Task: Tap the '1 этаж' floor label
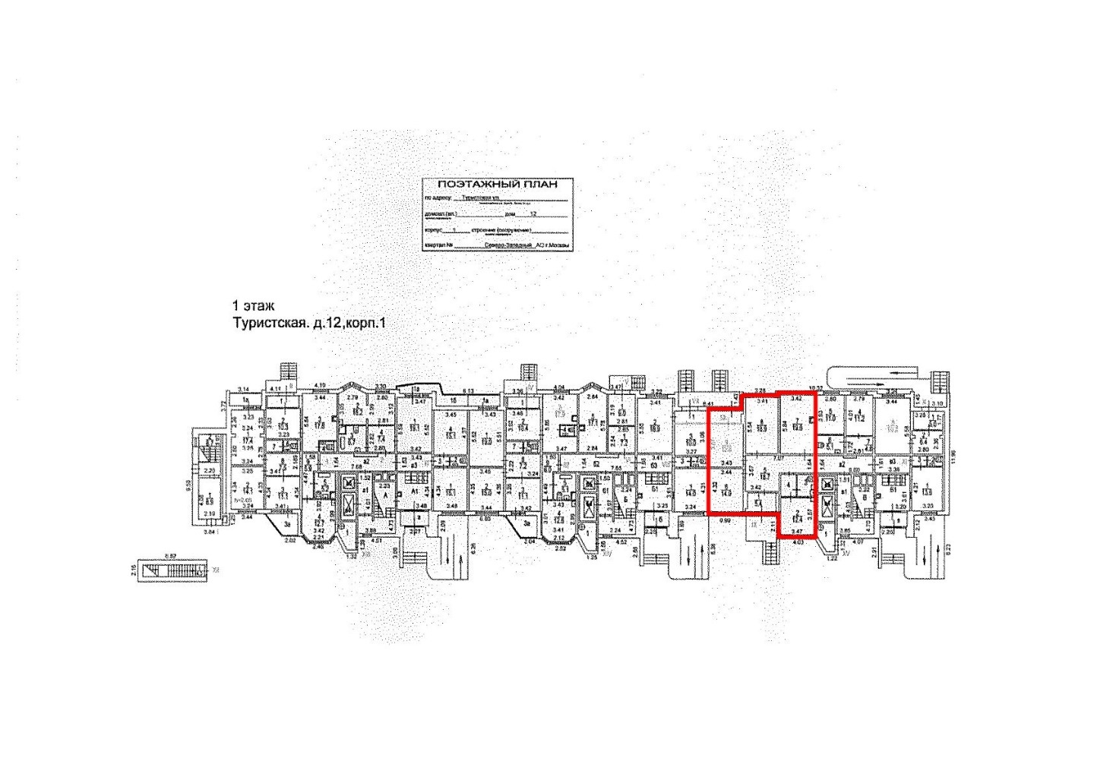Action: coord(253,306)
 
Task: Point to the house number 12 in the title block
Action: coord(533,214)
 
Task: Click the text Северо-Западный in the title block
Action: coord(508,245)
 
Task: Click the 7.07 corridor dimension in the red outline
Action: coord(777,459)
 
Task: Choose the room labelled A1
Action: coord(415,492)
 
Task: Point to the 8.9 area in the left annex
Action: coord(210,500)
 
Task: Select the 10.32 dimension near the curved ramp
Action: coord(817,387)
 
